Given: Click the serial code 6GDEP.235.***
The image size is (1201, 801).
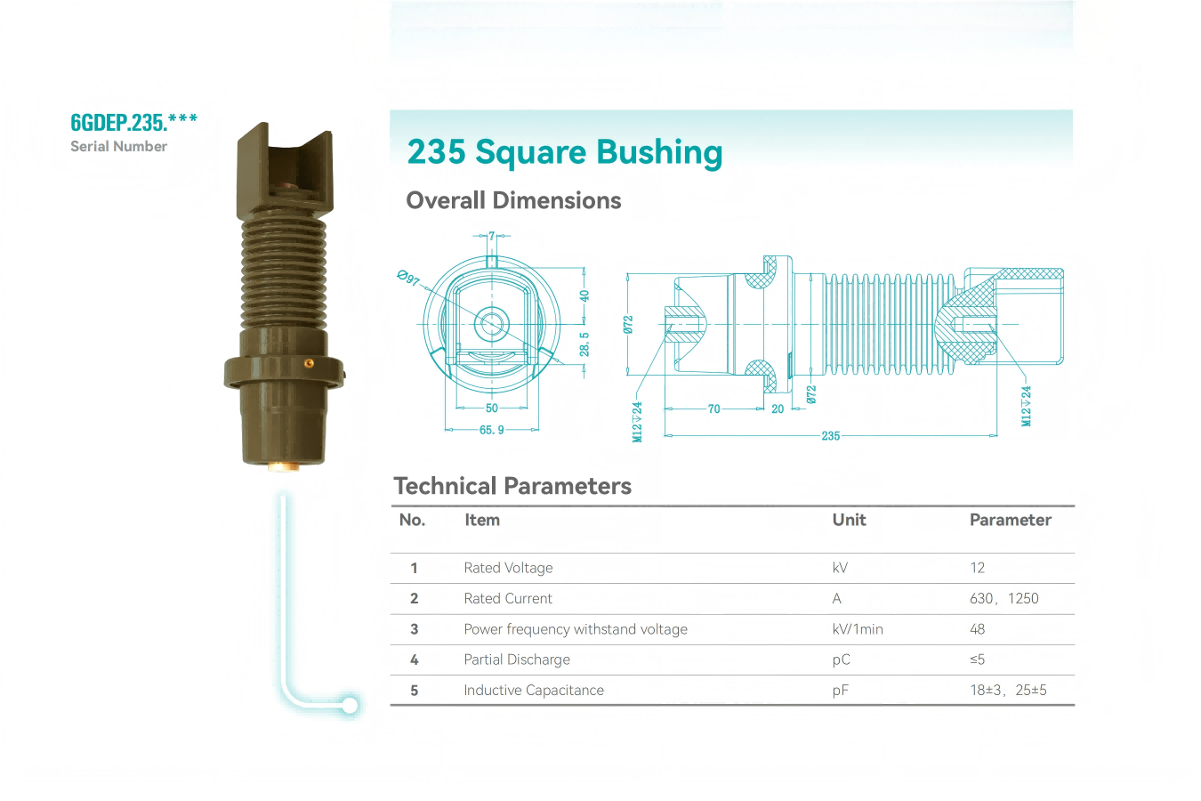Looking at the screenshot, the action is pos(134,122).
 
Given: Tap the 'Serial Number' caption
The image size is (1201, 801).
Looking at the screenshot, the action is pos(118,147).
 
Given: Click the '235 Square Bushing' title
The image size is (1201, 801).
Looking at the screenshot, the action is pos(565,152).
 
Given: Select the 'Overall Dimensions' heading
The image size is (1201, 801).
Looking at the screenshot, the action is pos(513,200).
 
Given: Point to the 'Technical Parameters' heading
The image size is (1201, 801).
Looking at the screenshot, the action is pos(512,486).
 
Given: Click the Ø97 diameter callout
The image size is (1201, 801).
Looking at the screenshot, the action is pos(408,278).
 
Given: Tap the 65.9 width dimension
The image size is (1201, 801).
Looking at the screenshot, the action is pos(492,430).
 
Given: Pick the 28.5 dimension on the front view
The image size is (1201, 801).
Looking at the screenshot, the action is pos(584,344).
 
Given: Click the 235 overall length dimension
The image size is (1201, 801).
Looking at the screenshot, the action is pos(831,435).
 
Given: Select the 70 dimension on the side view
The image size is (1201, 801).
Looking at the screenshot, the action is pos(713,409).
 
